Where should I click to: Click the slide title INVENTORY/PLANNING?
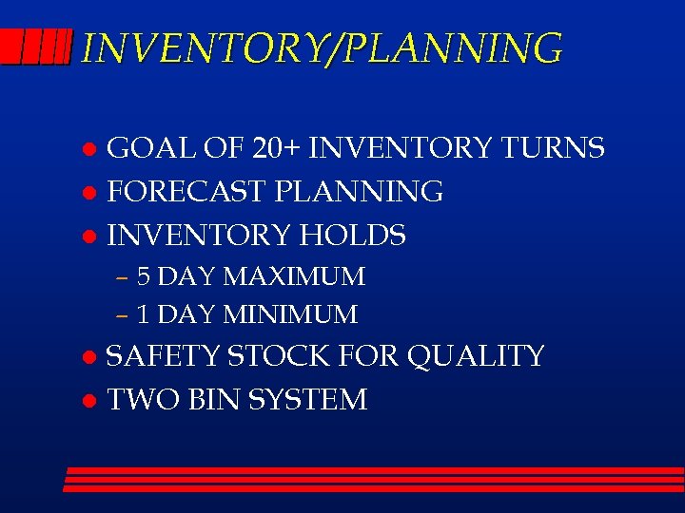322,47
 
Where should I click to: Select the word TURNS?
553,149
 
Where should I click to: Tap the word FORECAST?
187,192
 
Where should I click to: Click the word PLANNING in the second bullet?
359,192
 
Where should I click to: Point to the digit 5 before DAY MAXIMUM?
144,277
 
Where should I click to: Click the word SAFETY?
163,357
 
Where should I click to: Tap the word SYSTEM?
307,400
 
